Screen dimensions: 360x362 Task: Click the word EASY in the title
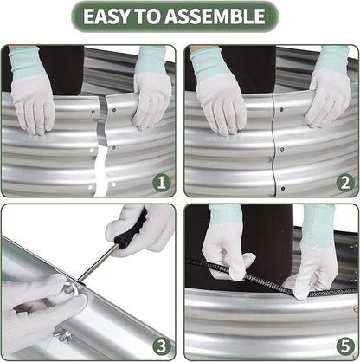(106, 16)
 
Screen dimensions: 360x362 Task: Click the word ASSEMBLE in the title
(215, 16)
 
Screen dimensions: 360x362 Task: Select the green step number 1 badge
(162, 183)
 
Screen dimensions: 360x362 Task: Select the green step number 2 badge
(345, 183)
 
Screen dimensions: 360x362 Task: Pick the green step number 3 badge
(162, 346)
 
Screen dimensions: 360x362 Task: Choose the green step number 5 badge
(345, 346)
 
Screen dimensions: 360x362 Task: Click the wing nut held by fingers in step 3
(71, 288)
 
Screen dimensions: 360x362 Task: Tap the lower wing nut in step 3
(63, 335)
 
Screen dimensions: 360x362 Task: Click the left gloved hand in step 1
(32, 92)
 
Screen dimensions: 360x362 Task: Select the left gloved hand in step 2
(219, 93)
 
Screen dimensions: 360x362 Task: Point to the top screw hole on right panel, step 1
(114, 110)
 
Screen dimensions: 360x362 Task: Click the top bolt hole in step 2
(282, 110)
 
